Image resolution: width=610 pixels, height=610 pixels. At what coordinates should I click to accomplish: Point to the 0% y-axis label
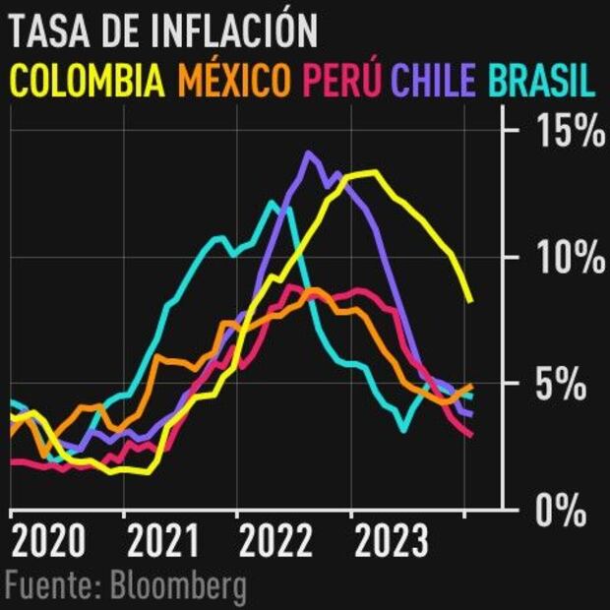point(569,512)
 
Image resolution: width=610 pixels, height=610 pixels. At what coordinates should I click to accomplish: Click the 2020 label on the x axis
point(48,542)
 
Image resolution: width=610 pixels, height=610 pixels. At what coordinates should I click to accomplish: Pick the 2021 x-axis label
point(162,542)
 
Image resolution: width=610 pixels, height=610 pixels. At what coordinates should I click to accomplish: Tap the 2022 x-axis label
point(275,542)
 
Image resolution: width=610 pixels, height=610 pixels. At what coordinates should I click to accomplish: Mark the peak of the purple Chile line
point(309,152)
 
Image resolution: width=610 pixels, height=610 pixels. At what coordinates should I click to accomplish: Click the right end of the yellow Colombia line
point(471,301)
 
